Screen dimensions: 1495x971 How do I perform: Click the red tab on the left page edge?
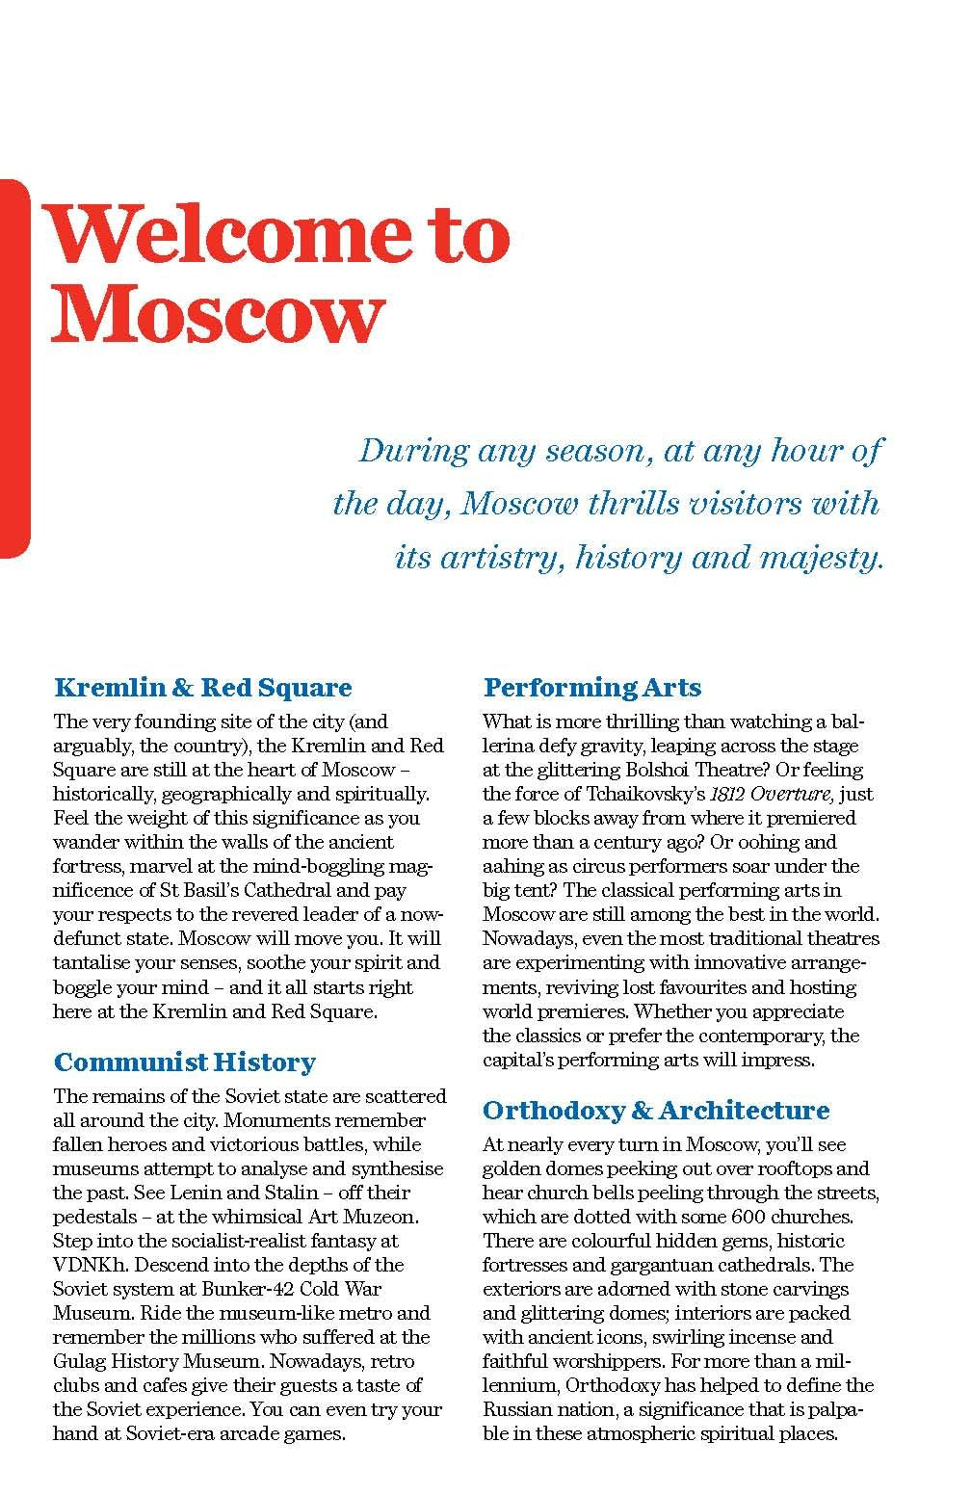(x=14, y=367)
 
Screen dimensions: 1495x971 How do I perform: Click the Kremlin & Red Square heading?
(x=203, y=688)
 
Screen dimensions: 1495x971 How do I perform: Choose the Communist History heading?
(x=185, y=1062)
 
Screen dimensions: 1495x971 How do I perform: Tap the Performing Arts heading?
(x=591, y=688)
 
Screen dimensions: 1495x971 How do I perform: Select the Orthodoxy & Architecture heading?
(x=655, y=1111)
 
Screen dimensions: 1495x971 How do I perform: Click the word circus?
(x=602, y=866)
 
